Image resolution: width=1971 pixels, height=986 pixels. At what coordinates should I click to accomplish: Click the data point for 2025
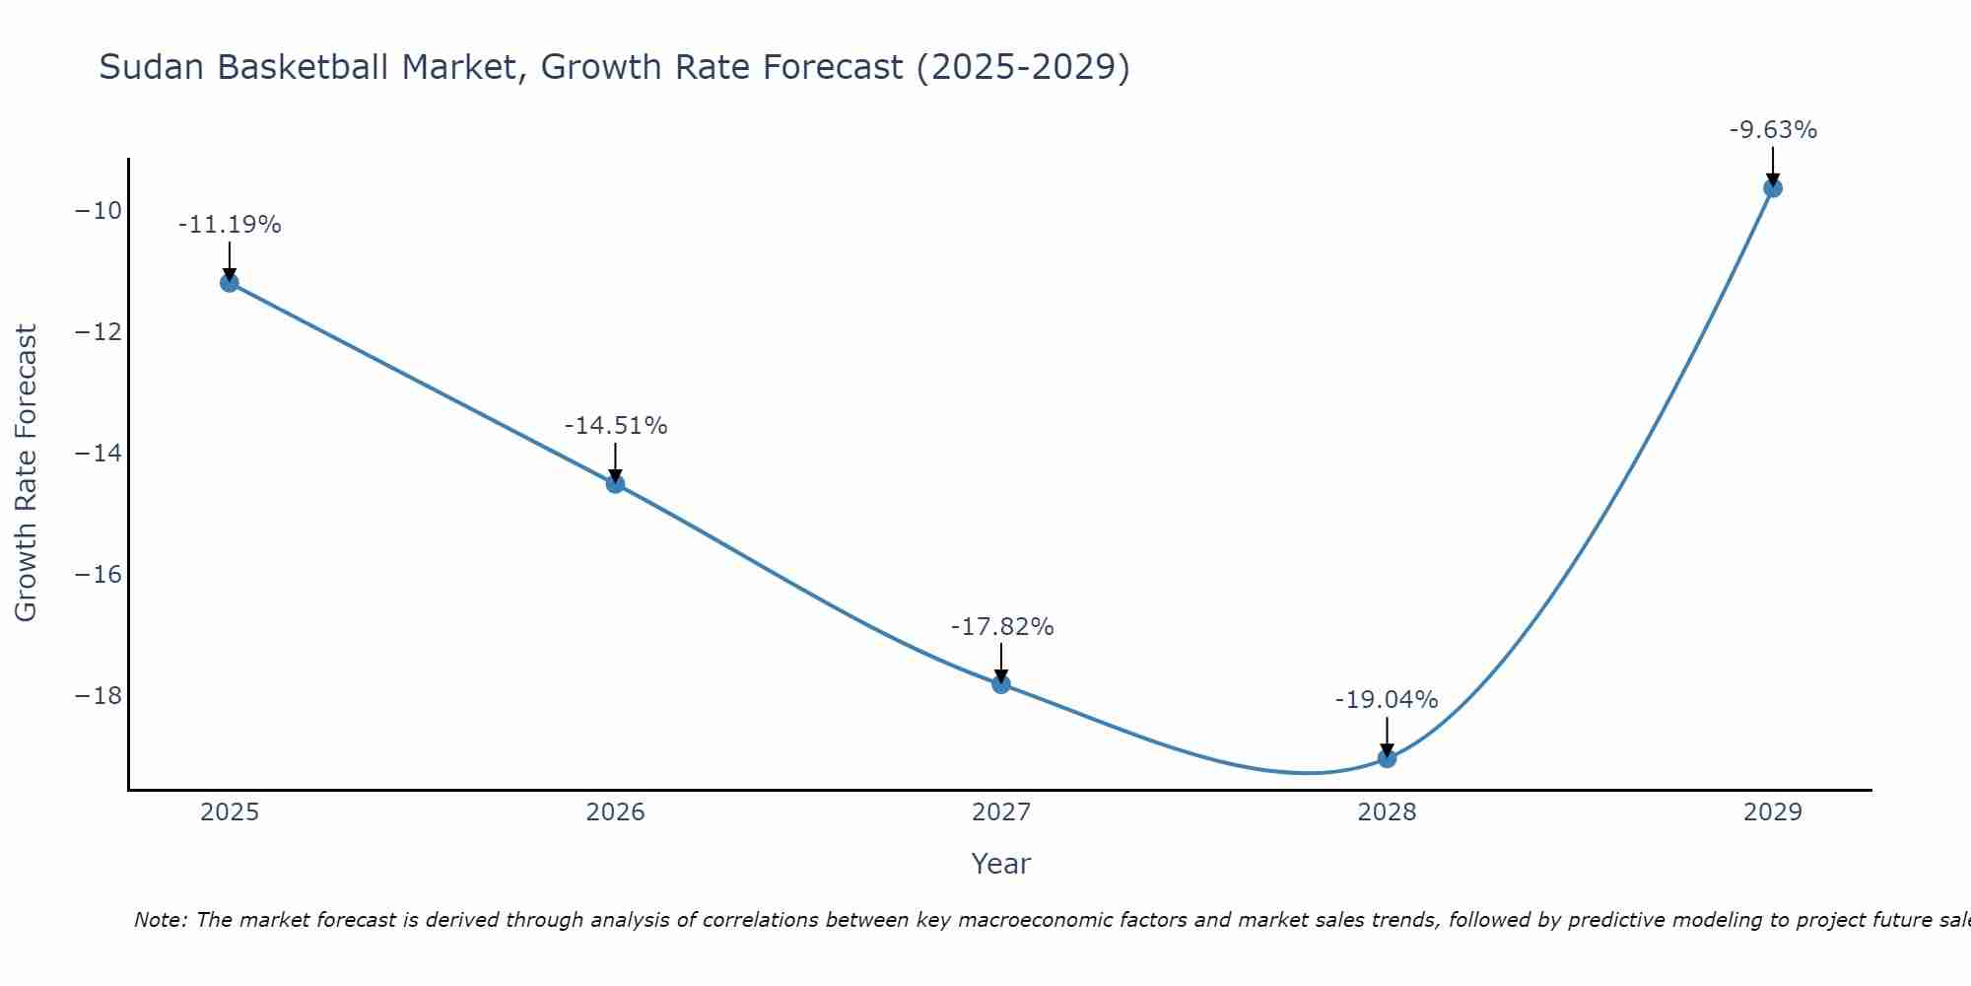(x=230, y=283)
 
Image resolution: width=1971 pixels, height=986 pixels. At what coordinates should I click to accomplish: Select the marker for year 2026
(x=615, y=484)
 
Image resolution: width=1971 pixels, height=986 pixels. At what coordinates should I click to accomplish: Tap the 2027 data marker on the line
(x=1001, y=684)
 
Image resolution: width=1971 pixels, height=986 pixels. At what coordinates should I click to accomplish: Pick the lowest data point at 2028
(x=1387, y=758)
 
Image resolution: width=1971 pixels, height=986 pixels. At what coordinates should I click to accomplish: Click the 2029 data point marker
(x=1773, y=188)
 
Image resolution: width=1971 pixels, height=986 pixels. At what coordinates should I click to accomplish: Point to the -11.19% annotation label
(x=230, y=225)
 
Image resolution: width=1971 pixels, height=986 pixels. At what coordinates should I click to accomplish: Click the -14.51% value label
(x=616, y=426)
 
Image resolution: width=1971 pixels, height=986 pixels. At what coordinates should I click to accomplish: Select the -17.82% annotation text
(x=1002, y=627)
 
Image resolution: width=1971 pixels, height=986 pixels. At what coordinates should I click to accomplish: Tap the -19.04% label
(x=1387, y=700)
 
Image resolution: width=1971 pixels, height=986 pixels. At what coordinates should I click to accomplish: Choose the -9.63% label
(x=1773, y=130)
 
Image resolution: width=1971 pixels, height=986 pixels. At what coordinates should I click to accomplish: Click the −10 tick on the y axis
(x=98, y=211)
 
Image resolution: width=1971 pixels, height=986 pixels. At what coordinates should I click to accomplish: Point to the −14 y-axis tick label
(x=98, y=454)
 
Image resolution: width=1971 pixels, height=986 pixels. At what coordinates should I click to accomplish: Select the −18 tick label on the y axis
(x=98, y=696)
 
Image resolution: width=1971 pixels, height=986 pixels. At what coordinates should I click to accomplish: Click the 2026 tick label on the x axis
(x=615, y=812)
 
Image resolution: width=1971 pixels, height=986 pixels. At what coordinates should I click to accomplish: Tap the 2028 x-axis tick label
(x=1387, y=812)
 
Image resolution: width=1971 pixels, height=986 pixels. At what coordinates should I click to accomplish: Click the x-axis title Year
(x=1000, y=864)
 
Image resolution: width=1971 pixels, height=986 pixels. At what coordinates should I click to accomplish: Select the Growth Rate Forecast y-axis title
(x=26, y=473)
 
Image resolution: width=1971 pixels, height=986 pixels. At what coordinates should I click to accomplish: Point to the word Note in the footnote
(x=159, y=920)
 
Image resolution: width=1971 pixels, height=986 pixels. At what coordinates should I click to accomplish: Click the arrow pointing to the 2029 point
(x=1773, y=166)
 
